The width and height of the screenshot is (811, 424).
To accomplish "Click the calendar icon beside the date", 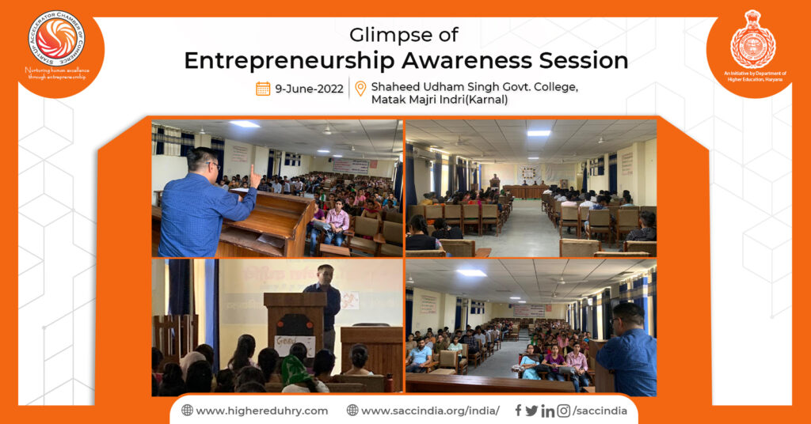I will [263, 89].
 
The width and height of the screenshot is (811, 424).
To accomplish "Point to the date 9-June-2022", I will [309, 89].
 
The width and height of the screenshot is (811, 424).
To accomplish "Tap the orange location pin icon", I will [361, 89].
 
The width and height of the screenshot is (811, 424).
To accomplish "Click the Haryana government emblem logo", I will [752, 40].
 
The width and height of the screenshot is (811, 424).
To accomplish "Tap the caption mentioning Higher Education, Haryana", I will [753, 76].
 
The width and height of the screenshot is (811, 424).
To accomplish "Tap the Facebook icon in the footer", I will [518, 411].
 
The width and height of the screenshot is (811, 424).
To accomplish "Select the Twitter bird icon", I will [531, 411].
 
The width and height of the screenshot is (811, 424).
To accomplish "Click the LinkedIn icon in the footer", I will [547, 411].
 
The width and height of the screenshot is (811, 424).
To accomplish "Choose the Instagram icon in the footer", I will [563, 411].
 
